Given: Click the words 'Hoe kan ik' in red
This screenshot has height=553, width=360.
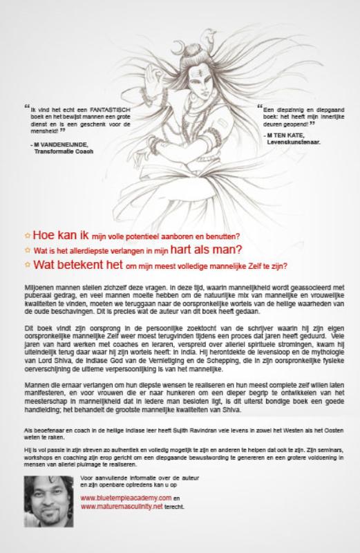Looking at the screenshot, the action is (x=54, y=235).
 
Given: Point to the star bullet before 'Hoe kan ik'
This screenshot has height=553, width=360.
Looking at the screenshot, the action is (x=27, y=235).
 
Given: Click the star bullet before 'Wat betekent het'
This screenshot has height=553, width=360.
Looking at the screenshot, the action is (x=27, y=263).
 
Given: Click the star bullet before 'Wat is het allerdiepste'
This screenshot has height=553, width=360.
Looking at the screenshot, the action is (x=27, y=249).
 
